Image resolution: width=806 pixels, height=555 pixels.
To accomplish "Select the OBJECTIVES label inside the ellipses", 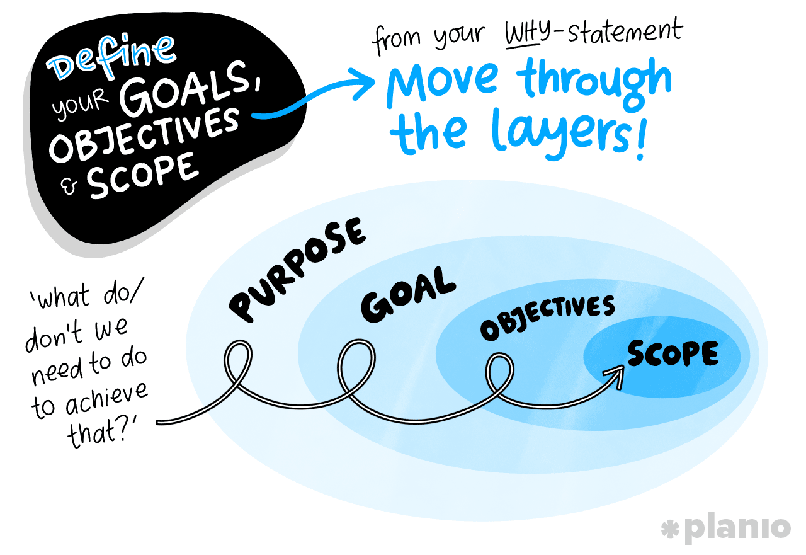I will [547, 318].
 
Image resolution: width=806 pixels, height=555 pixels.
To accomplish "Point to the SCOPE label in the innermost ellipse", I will [673, 355].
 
